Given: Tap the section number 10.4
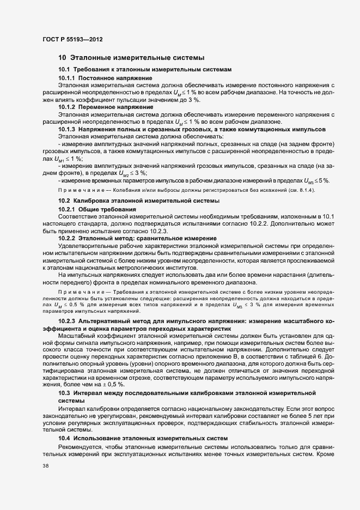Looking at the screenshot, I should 64,423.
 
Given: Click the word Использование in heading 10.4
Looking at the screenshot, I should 101,423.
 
